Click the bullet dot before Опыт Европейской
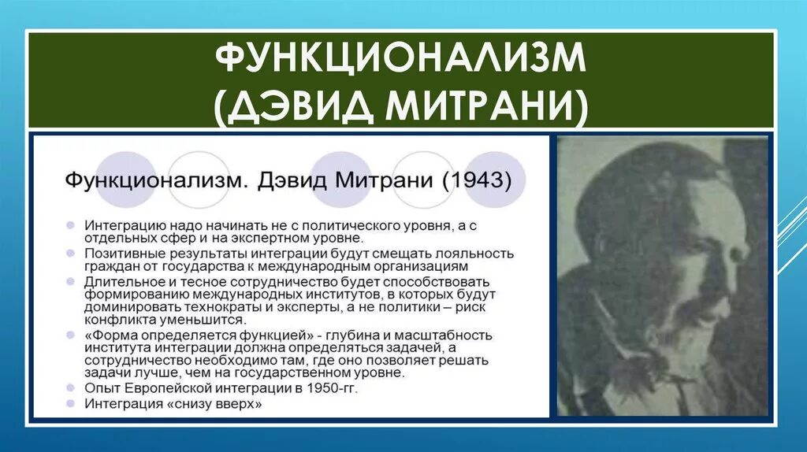point(72,388)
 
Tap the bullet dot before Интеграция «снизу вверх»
point(72,403)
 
